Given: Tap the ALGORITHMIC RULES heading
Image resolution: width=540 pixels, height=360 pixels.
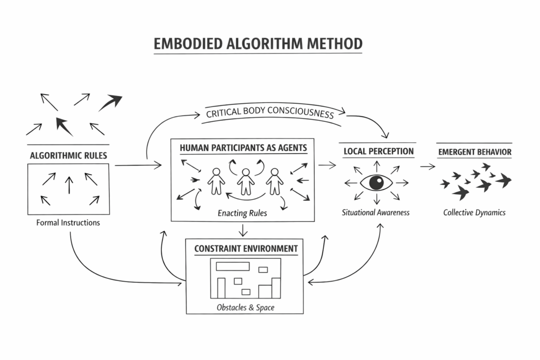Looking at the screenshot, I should click(69, 155).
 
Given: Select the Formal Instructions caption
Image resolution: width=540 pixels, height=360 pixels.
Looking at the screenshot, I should click(68, 222).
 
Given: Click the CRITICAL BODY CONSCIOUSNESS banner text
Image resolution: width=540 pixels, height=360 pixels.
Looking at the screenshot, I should click(270, 113).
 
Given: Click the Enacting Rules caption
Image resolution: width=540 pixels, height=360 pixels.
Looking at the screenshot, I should click(243, 213).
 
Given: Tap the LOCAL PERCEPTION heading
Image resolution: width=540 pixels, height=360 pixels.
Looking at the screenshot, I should click(378, 151).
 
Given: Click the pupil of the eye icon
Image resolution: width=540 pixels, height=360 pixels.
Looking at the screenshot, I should click(377, 182).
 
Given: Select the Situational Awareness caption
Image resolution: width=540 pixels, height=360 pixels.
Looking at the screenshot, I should click(375, 212).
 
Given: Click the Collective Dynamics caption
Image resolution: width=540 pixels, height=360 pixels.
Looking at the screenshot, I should click(474, 212).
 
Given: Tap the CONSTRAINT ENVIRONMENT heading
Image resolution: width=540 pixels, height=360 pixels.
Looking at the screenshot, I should click(246, 248).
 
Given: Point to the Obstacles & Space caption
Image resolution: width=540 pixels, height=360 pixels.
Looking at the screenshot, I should click(245, 307).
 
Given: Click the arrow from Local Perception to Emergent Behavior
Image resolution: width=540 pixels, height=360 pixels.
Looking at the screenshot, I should click(428, 167).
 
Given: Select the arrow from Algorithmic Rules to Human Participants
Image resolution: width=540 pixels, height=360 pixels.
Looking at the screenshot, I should click(138, 166).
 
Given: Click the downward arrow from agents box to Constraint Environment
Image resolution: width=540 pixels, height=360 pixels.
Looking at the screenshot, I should click(242, 230).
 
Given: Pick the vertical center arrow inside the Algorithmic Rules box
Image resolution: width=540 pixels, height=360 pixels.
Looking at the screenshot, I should click(69, 186).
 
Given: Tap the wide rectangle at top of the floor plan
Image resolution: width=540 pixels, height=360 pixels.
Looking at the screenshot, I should click(233, 265).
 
